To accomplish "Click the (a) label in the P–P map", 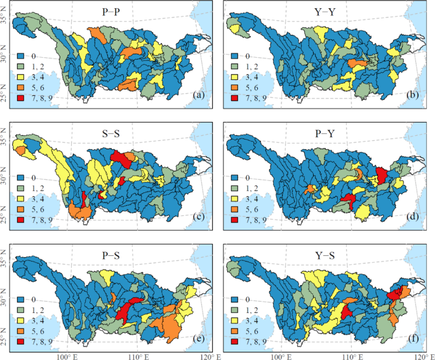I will (x=199, y=97).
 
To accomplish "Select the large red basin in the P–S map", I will (x=130, y=309).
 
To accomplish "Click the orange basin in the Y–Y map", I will (x=358, y=63).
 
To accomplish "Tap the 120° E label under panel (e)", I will (x=208, y=355).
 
